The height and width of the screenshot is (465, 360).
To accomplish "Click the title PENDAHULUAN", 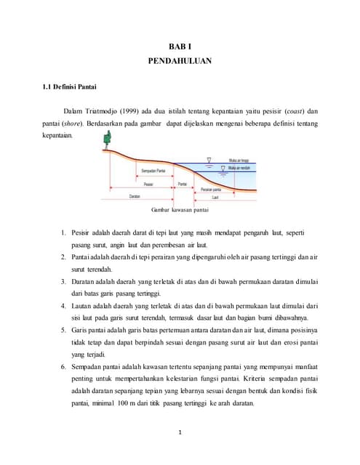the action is [x=180, y=62].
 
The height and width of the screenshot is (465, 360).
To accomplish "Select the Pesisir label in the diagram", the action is [x=148, y=184].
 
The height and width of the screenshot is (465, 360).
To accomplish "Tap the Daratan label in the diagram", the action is [x=135, y=197].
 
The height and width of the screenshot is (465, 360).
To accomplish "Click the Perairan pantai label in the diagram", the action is [x=212, y=189].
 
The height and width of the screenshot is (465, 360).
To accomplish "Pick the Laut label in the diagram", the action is [x=215, y=197].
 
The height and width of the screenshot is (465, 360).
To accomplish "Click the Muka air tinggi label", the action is [x=239, y=160].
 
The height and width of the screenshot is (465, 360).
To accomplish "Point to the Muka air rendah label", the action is [x=239, y=167].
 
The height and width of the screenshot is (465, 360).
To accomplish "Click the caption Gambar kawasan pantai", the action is [x=180, y=211].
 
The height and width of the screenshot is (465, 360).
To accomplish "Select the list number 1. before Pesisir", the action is [x=64, y=232].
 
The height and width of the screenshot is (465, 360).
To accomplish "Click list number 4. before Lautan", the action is [x=64, y=306].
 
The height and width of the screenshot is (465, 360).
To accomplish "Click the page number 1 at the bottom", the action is [x=180, y=434].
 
